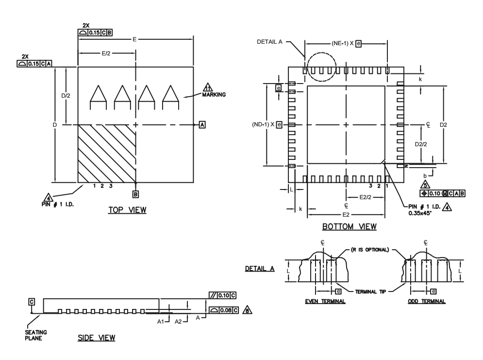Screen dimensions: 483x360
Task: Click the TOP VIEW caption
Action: pyautogui.click(x=127, y=210)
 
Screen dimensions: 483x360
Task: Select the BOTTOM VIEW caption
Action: pyautogui.click(x=350, y=226)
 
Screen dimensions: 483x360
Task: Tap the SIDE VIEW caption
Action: pyautogui.click(x=97, y=338)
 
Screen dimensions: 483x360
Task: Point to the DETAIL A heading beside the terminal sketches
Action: pyautogui.click(x=260, y=269)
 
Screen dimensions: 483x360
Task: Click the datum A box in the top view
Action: pyautogui.click(x=202, y=125)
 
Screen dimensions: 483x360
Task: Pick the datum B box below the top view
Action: pyautogui.click(x=135, y=194)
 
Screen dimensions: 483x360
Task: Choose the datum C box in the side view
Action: pyautogui.click(x=32, y=302)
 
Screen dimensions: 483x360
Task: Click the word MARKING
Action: pyautogui.click(x=214, y=95)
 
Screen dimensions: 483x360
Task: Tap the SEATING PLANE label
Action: pyautogui.click(x=36, y=335)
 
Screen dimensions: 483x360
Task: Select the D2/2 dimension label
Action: pyautogui.click(x=421, y=144)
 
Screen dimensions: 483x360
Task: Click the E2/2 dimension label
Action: pyautogui.click(x=366, y=197)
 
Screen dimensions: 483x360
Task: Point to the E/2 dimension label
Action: pyautogui.click(x=106, y=53)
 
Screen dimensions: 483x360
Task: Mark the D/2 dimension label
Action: pyautogui.click(x=66, y=96)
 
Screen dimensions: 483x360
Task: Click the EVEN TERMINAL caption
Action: pyautogui.click(x=325, y=301)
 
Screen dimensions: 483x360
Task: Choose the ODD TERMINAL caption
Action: pyautogui.click(x=427, y=301)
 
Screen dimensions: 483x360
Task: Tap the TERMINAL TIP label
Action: pyautogui.click(x=370, y=291)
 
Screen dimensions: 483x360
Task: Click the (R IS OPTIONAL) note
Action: pyautogui.click(x=370, y=250)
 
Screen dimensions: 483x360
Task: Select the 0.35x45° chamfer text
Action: pyautogui.click(x=420, y=213)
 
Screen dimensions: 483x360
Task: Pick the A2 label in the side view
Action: pyautogui.click(x=178, y=322)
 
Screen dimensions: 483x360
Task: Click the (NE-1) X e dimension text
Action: pyautogui.click(x=346, y=43)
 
